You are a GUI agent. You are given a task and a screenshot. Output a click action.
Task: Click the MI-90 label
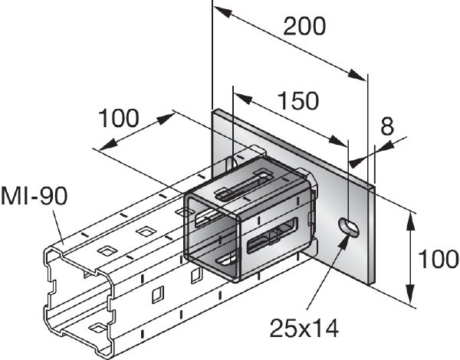pos(34,195)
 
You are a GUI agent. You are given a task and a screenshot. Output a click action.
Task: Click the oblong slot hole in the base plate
pos(349,226)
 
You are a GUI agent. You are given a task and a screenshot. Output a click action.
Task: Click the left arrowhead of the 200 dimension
pos(219,11)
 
